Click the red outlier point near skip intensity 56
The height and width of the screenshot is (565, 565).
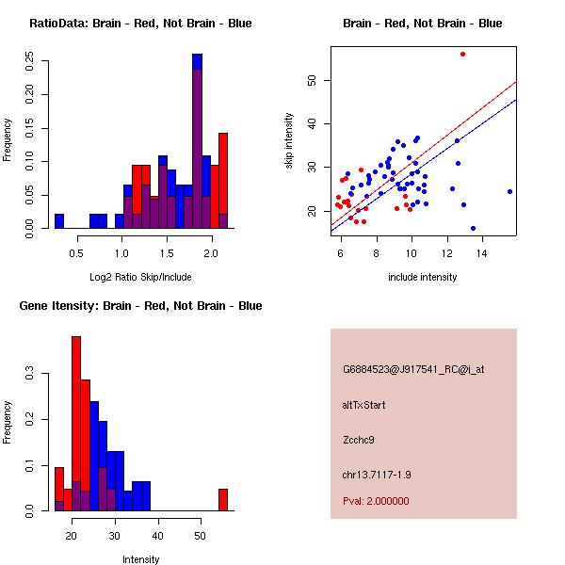coord(462,54)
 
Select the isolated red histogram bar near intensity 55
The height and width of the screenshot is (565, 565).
coord(223,499)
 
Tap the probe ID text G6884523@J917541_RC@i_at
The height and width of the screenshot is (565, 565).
coord(413,370)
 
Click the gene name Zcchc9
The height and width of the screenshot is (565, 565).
coord(359,439)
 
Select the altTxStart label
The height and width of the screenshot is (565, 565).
coord(364,405)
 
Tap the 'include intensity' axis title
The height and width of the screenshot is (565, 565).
coord(422,277)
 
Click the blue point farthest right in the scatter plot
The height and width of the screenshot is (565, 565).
coord(509,191)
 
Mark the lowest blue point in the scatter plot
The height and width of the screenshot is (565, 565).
coord(473,228)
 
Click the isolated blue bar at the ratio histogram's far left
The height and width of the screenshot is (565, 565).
coord(59,221)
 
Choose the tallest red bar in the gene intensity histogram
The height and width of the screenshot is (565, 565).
coord(76,424)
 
